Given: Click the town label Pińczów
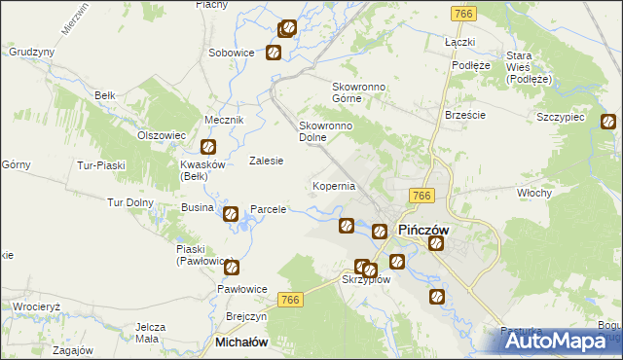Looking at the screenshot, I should point(424,230).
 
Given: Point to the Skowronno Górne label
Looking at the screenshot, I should point(360,93).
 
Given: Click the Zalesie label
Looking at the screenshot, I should point(266,161).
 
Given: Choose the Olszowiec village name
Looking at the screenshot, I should point(161,135).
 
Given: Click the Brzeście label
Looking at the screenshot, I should point(464,114).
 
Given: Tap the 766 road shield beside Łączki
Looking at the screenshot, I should point(462,14).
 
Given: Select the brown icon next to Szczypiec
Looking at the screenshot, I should point(608,123).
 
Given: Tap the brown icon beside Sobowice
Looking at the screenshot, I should point(274,54).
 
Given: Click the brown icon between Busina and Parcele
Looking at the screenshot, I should point(231,214).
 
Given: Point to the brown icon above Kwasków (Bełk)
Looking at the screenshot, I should point(207,148).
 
